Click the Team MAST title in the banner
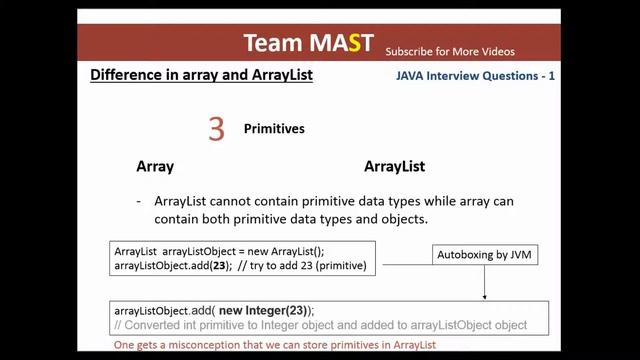coord(308,43)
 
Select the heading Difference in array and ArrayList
coord(201,75)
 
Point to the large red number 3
coord(216,128)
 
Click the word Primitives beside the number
coord(274,129)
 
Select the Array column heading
coord(155,166)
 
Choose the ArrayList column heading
coord(394,166)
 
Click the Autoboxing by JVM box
coord(484,255)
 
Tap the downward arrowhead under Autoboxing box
coord(485,296)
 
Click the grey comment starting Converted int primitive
coord(320,325)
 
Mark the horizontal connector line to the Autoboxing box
coord(404,265)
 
